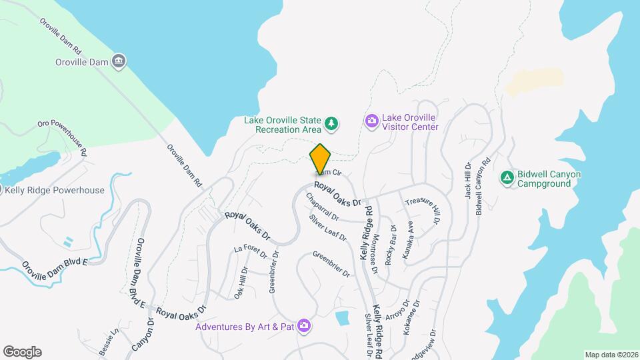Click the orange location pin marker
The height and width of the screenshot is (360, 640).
coord(321,159)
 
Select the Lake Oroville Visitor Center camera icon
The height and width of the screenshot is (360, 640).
coord(371,121)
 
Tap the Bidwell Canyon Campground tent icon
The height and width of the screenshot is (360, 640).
coord(507,178)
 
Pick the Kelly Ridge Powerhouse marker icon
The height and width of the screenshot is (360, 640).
coord(2,190)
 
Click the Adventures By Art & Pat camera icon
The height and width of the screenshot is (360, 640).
coord(304,325)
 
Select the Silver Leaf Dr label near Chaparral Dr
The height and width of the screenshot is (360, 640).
coord(327,227)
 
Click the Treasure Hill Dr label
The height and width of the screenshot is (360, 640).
coord(423,210)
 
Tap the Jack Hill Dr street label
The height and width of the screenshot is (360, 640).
coord(468,182)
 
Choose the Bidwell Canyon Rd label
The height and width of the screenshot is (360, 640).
coord(483,185)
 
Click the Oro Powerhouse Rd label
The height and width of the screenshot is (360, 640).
coord(63,137)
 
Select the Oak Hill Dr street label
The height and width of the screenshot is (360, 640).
coord(241,283)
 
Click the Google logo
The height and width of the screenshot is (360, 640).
coord(22,352)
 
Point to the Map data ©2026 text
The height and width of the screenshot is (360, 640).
coord(611,355)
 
